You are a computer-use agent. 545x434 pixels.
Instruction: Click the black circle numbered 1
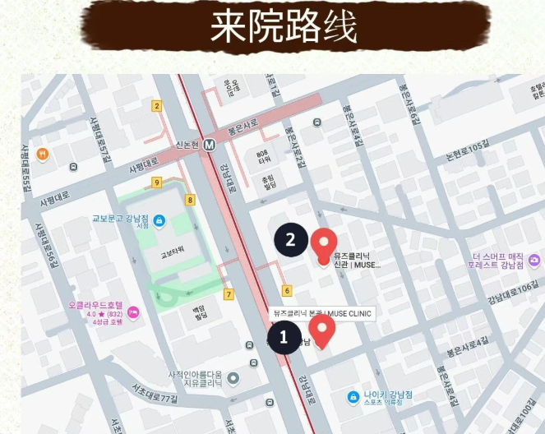pyautogui.click(x=284, y=336)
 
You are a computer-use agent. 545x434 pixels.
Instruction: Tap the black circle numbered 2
pyautogui.click(x=290, y=240)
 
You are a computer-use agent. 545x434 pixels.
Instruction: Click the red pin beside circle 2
pyautogui.click(x=323, y=243)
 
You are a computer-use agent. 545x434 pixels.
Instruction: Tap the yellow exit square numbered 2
pyautogui.click(x=156, y=105)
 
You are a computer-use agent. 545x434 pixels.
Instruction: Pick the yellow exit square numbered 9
pyautogui.click(x=156, y=182)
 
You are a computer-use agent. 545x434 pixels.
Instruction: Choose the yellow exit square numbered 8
pyautogui.click(x=190, y=200)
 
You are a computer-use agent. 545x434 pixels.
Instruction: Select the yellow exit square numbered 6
pyautogui.click(x=287, y=290)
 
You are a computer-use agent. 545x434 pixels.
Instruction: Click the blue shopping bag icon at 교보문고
pyautogui.click(x=159, y=220)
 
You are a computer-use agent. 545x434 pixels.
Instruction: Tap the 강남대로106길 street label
pyautogui.click(x=514, y=290)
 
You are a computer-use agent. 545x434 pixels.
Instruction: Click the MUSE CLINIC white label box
pyautogui.click(x=321, y=313)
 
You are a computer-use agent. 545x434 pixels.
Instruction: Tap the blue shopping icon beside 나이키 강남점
pyautogui.click(x=353, y=396)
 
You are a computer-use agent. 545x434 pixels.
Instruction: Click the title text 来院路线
pyautogui.click(x=284, y=27)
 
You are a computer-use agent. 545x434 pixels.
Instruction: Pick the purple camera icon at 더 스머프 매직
pyautogui.click(x=534, y=261)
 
